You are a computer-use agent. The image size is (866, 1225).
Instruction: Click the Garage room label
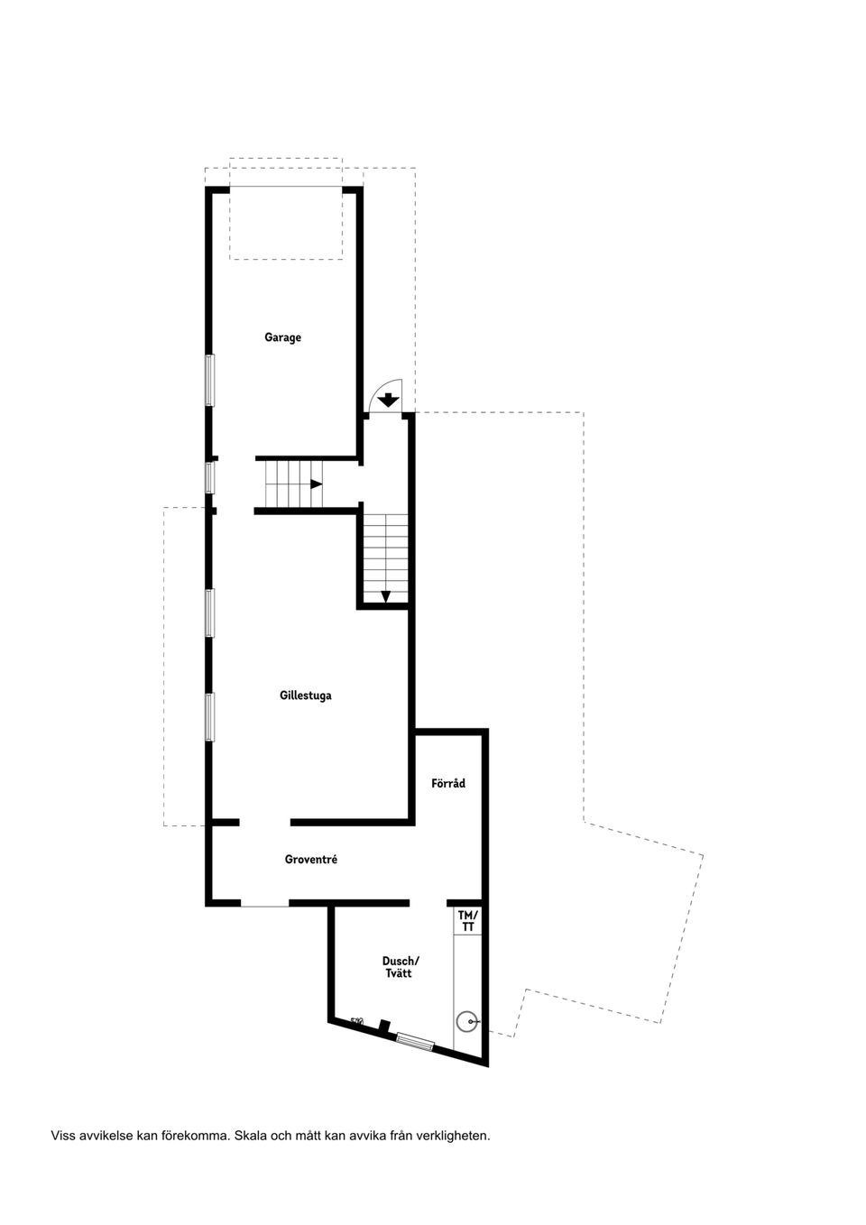click(282, 337)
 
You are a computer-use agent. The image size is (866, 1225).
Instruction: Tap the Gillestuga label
click(305, 695)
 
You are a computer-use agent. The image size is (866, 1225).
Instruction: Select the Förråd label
click(448, 783)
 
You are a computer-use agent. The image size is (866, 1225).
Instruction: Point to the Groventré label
click(310, 860)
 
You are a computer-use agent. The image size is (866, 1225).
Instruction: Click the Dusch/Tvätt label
click(400, 967)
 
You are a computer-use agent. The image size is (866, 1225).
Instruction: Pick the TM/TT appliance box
click(467, 920)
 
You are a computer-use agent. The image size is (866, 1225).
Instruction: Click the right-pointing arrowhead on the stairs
click(316, 484)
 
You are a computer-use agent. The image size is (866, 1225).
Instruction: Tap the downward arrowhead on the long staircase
click(385, 595)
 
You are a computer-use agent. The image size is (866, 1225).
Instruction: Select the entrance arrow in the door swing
click(388, 399)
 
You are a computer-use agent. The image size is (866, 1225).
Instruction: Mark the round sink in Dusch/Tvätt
click(465, 1022)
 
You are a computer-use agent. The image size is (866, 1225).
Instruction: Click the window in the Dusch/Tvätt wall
click(415, 1042)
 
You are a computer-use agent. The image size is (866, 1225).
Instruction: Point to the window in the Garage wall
click(209, 380)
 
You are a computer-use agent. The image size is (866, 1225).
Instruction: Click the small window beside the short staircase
click(209, 477)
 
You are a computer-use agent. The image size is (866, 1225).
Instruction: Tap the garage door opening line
click(285, 188)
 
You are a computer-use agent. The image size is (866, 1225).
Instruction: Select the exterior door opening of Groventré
click(264, 904)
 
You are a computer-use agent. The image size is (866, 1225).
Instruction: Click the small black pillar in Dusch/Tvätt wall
click(384, 1027)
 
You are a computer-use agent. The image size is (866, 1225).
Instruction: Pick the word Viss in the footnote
click(64, 1136)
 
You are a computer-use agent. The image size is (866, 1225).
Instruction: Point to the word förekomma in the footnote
click(196, 1136)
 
